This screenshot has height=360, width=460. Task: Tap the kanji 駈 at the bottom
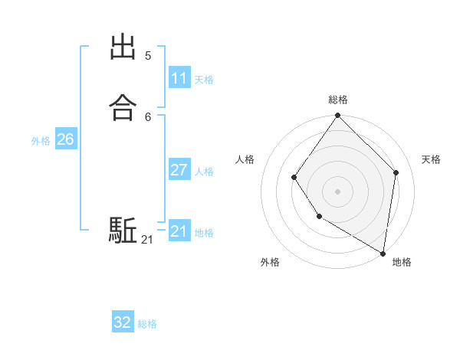123,230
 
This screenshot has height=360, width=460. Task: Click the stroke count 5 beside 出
148,56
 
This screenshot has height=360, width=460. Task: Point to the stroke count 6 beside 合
148,116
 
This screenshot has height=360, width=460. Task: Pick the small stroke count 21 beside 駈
147,240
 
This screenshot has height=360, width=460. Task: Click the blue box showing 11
179,78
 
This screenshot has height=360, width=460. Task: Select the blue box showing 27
179,170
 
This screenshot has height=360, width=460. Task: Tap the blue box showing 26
65,139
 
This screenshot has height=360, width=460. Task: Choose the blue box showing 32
123,322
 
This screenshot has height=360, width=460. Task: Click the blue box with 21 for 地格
179,231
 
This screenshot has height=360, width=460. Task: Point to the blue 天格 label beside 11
204,80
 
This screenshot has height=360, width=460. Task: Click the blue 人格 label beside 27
204,172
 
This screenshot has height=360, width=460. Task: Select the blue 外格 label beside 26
41,141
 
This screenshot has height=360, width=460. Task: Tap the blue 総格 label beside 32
147,324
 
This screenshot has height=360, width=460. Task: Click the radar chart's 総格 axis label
338,100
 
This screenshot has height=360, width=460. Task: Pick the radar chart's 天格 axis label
431,159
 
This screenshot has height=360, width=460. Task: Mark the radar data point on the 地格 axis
383,253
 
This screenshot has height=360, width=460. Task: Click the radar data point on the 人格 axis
294,178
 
